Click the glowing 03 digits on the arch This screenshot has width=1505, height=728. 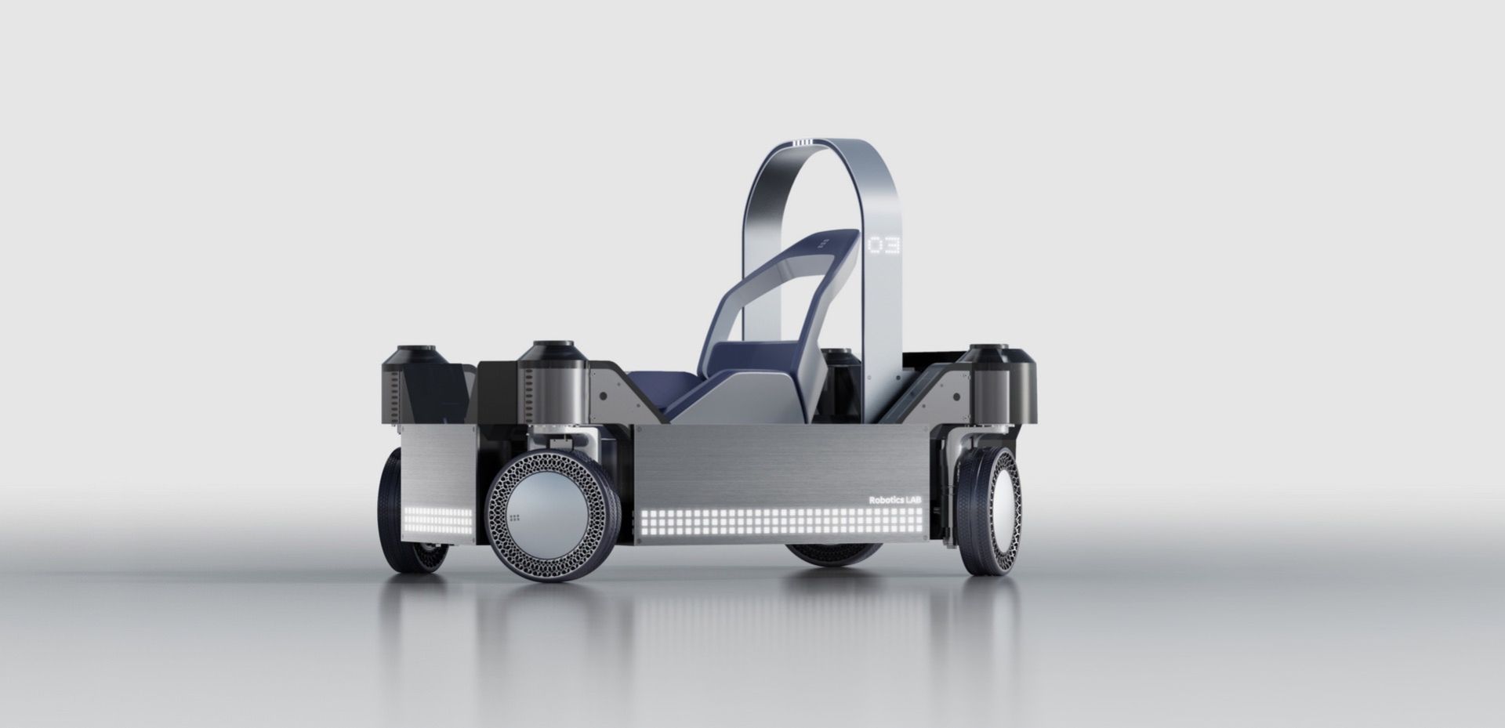(883, 244)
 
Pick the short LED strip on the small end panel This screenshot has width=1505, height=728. (437, 518)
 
